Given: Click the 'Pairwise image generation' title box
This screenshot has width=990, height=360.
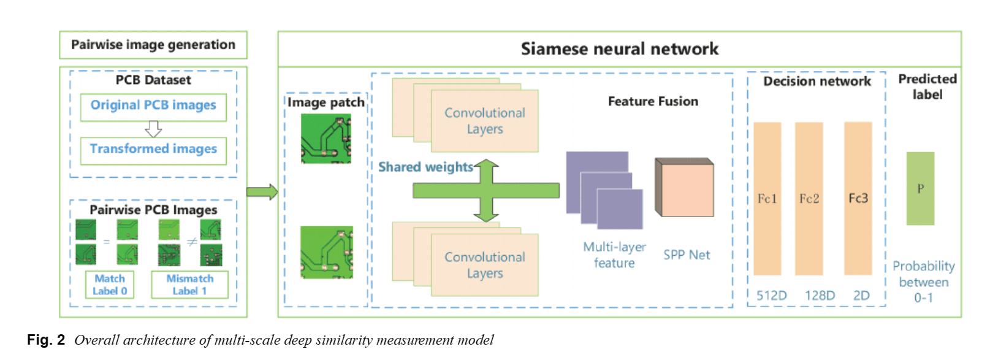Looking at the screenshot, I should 153,45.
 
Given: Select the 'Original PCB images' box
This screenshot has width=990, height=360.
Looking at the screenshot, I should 153,105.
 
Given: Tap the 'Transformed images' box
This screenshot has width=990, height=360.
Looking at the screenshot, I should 153,149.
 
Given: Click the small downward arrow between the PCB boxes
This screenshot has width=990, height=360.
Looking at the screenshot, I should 153,128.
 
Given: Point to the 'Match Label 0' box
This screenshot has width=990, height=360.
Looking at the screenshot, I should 110,285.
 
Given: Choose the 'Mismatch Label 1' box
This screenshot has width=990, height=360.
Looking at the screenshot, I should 189,285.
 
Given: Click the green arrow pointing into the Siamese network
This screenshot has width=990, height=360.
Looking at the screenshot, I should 262,192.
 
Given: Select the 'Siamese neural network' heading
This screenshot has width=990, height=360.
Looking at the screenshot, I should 619,49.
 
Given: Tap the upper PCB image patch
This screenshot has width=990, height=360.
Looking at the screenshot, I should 326,139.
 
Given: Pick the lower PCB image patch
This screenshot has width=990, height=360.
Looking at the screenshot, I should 326,252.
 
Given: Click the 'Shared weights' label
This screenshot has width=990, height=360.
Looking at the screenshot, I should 425,167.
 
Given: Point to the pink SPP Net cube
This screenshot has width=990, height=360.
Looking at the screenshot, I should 684,188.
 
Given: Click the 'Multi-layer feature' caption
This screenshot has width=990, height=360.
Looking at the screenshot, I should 614,255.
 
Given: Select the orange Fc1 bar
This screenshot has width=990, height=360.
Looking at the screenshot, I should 767,198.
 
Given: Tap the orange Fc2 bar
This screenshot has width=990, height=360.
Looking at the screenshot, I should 809,198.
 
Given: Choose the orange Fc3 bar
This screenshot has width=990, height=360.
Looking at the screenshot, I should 858,198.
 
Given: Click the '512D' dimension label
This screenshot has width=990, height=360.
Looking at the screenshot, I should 771,296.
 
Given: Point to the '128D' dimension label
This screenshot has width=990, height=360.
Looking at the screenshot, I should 820,296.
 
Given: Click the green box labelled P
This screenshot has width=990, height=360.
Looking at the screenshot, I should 920,188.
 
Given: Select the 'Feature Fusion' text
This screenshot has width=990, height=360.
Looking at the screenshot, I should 653,101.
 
